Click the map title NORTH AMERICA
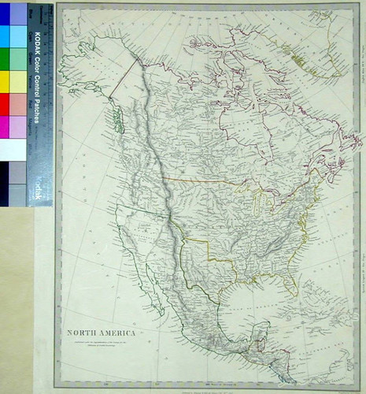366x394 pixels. point(102,333)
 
